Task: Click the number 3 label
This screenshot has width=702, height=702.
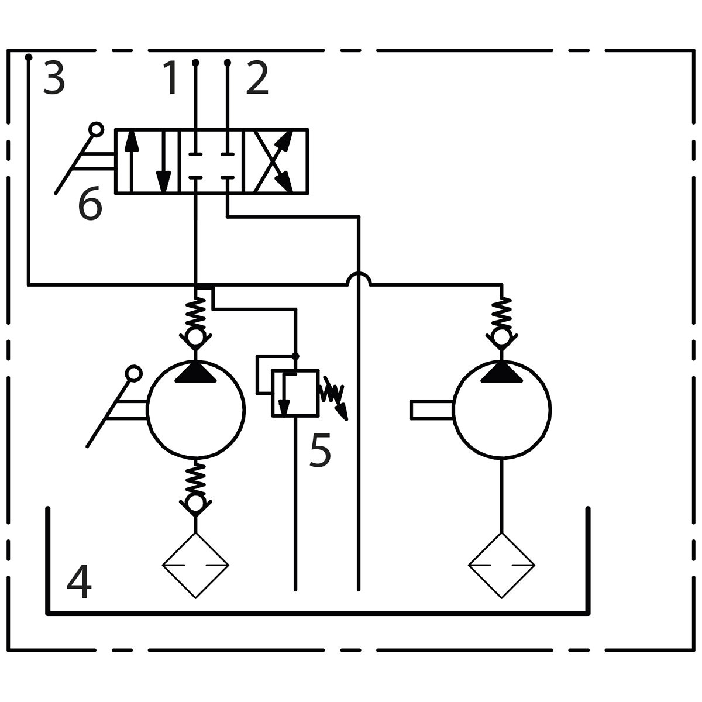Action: tap(53, 78)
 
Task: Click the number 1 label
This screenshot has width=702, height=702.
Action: tap(170, 78)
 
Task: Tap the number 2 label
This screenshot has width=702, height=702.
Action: tap(257, 78)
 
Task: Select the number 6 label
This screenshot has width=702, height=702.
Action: tap(90, 205)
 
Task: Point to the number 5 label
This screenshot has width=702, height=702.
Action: tap(320, 450)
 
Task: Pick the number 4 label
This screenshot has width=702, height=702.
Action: tap(79, 583)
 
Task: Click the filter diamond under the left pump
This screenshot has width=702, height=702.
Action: tap(195, 565)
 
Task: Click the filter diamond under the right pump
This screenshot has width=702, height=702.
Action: tap(502, 565)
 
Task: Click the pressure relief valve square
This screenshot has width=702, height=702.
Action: tap(295, 393)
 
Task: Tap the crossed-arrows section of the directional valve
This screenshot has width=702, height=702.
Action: tap(275, 161)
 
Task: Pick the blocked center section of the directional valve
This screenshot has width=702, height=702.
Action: tap(211, 161)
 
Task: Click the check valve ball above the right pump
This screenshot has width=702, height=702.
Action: tap(502, 337)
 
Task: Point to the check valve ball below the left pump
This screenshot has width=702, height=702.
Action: tap(195, 503)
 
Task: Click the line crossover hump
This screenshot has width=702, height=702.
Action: tap(359, 280)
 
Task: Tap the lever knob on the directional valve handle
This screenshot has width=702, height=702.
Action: tap(95, 129)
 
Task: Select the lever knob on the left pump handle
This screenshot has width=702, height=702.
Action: tap(134, 373)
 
